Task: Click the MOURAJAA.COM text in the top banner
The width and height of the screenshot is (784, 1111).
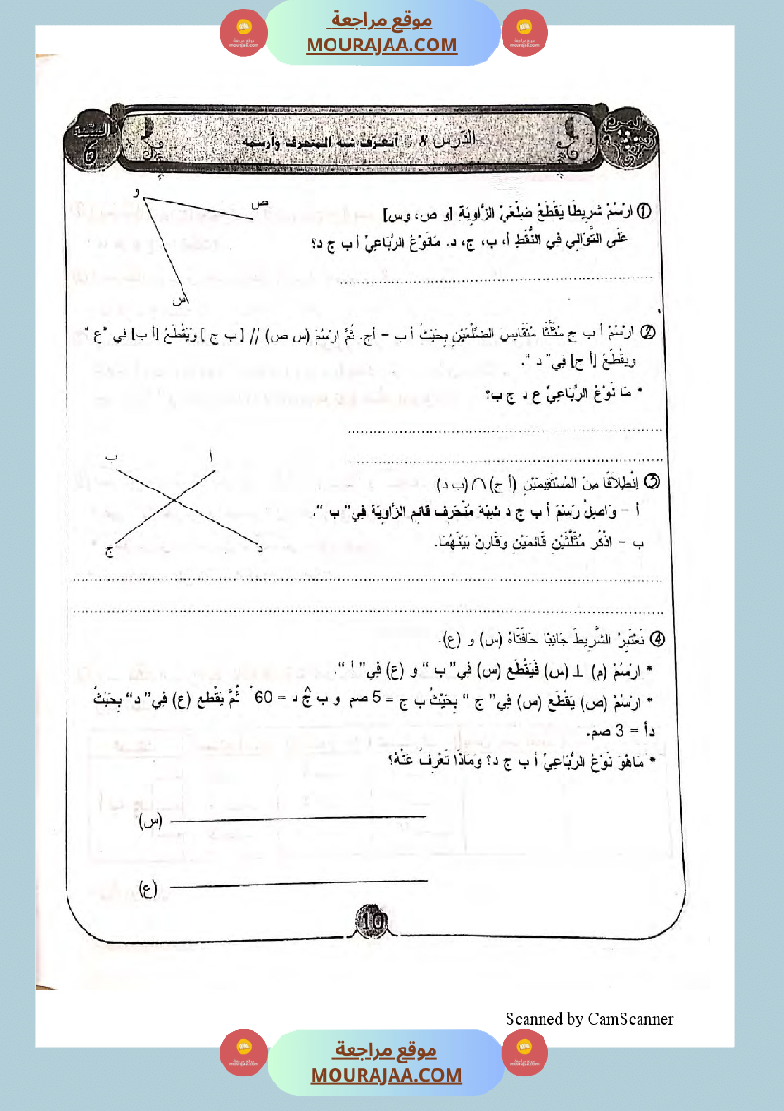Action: (381, 45)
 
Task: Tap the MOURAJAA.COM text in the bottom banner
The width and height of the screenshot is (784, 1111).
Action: (386, 1075)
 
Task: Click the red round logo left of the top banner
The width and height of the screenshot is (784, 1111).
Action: (244, 31)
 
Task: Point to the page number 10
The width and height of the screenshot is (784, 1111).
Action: (371, 920)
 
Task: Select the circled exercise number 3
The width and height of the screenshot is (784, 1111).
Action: (652, 482)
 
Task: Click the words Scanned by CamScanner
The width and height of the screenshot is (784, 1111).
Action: (589, 1019)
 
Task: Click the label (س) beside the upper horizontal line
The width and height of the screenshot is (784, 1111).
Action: (150, 819)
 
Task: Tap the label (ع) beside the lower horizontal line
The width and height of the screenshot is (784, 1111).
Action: (147, 889)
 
